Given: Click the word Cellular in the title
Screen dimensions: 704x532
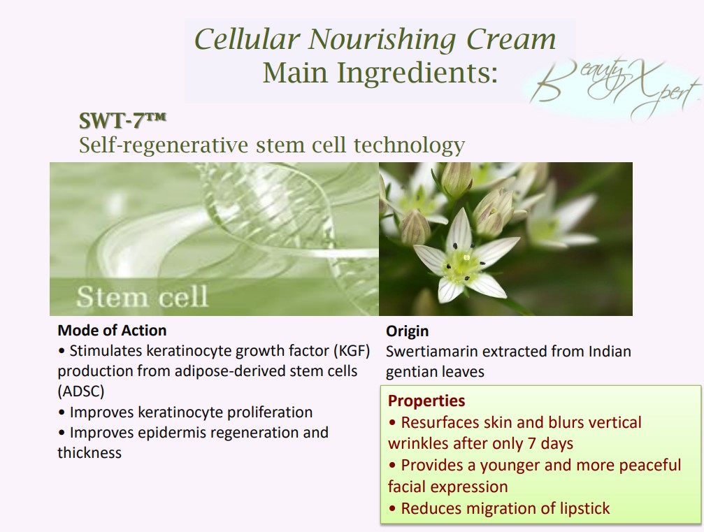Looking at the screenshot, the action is (x=247, y=39).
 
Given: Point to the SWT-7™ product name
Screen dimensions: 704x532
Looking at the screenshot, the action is (x=122, y=120).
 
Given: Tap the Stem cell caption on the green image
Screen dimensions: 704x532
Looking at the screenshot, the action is (x=143, y=296).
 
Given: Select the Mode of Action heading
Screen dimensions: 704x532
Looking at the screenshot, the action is (x=113, y=331).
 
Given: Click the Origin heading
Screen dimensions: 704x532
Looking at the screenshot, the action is (x=407, y=331).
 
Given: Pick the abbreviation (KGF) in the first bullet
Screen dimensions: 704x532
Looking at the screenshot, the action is (x=352, y=351).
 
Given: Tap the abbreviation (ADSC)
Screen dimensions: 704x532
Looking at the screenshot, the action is (x=81, y=391).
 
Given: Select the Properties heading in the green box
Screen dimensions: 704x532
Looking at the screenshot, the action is (x=426, y=401).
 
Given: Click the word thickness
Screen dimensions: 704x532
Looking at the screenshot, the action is (x=89, y=452).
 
